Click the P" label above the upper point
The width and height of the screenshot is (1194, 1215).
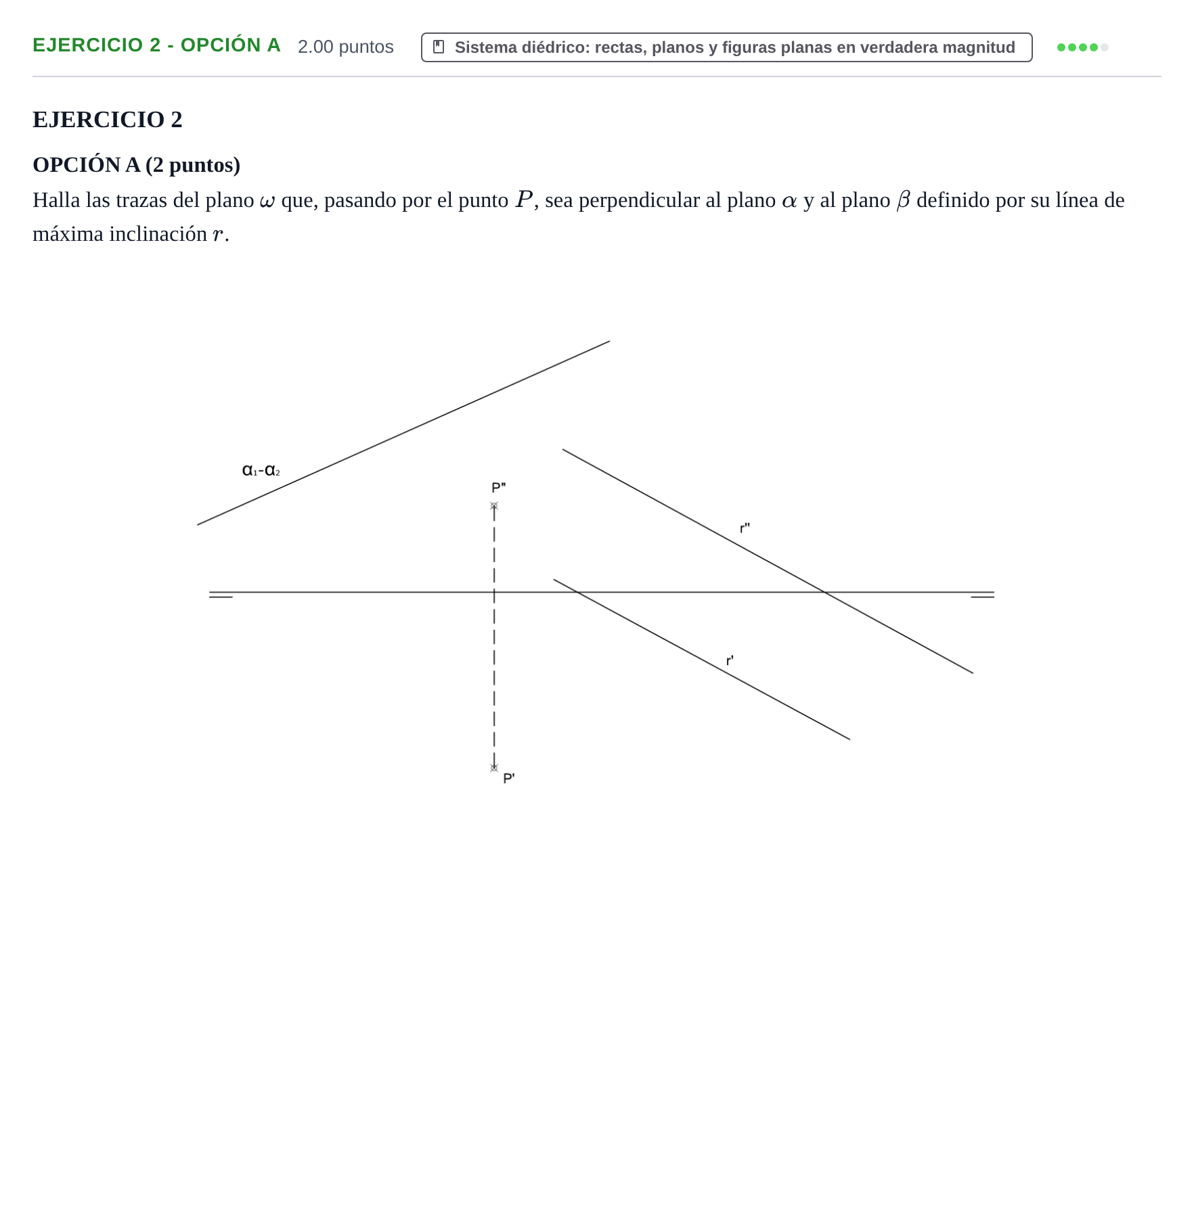click(498, 488)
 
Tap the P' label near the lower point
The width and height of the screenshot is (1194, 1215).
click(509, 778)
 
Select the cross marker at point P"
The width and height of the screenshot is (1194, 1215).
click(494, 505)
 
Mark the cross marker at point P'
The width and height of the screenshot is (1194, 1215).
click(494, 768)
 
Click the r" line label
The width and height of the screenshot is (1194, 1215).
click(745, 528)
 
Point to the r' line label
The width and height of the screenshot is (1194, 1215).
click(730, 660)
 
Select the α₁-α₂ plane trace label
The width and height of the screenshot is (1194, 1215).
click(261, 469)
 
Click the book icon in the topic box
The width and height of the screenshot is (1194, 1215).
click(439, 47)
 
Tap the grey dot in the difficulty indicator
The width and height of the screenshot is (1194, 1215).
click(1105, 47)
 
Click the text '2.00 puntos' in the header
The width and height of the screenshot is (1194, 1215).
click(346, 47)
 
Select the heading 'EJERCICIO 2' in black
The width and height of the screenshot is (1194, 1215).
click(108, 119)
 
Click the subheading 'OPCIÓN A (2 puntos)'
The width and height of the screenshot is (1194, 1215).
click(137, 164)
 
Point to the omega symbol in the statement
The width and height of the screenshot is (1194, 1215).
click(267, 201)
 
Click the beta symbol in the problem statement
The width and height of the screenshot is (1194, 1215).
click(904, 200)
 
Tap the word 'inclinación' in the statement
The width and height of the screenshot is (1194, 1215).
click(158, 233)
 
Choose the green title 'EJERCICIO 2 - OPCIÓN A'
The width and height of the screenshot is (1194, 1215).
click(156, 45)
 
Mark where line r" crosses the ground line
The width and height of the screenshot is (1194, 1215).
click(824, 593)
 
